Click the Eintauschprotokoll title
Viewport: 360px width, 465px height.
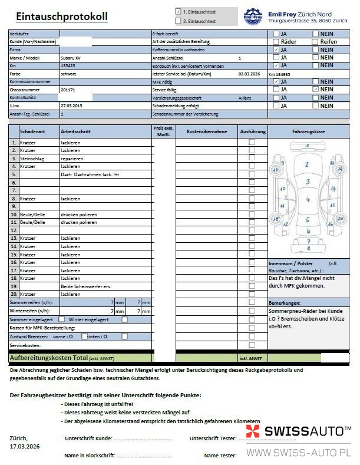[x=61, y=17]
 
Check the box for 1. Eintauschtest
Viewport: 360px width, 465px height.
[x=179, y=11]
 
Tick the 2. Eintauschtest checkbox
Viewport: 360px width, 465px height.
[x=179, y=21]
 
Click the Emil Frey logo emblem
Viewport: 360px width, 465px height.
[x=253, y=17]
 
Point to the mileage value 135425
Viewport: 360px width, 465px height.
[x=68, y=66]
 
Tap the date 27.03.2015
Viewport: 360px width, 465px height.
[x=72, y=105]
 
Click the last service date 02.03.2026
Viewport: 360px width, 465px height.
[x=249, y=74]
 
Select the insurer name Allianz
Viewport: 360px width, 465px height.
[x=245, y=98]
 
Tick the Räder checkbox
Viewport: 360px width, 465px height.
[x=276, y=42]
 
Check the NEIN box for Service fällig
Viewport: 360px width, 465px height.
[x=316, y=90]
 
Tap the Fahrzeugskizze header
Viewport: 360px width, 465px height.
[x=308, y=131]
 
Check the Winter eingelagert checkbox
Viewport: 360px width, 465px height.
[x=124, y=319]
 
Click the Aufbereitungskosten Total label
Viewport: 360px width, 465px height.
[x=48, y=358]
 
